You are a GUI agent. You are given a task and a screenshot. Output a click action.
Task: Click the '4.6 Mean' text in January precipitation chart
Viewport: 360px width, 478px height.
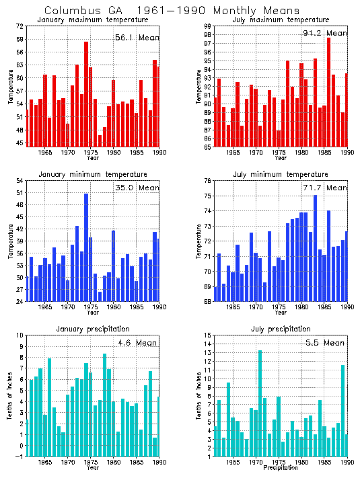click(x=137, y=342)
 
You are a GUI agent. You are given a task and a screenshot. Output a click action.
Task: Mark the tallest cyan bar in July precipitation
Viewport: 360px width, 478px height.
click(x=260, y=403)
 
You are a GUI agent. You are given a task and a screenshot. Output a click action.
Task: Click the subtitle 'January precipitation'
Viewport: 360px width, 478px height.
click(x=91, y=329)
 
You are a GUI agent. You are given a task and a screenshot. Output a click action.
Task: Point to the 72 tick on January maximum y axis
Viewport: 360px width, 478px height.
click(x=20, y=26)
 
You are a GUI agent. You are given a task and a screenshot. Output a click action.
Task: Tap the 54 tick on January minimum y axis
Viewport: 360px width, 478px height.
click(x=20, y=181)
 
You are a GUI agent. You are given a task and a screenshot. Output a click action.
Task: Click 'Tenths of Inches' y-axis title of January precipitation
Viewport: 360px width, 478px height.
click(x=10, y=397)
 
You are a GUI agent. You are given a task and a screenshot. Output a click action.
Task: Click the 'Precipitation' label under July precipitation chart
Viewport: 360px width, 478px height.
click(x=280, y=467)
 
